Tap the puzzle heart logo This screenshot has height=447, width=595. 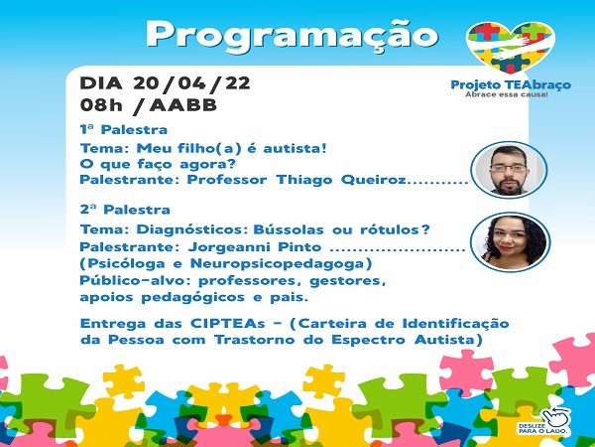coord(511,47)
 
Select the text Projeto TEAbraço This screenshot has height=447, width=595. coord(511,84)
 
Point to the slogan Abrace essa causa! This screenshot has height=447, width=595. coord(507,94)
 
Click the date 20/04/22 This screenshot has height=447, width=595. coord(191,83)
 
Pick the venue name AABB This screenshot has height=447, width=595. coord(183,105)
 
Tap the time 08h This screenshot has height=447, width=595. coord(101,105)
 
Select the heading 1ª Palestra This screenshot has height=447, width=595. coord(124,129)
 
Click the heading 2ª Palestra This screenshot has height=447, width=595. coord(125,210)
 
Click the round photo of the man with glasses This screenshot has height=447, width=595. coord(509,170)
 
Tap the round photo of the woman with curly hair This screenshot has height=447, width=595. coord(510,242)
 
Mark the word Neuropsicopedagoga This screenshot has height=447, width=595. coord(281,264)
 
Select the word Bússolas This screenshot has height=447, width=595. coord(289,229)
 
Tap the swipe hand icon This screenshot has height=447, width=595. coord(556,416)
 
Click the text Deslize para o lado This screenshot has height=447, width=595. coord(543,428)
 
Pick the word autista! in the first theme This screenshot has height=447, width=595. coord(295,148)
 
